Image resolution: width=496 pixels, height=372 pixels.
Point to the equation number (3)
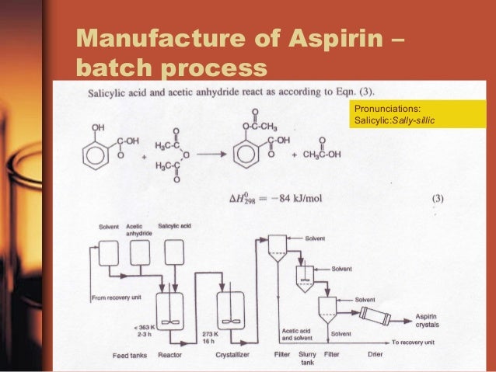[x=438, y=198]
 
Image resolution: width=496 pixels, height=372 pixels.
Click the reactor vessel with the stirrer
[x=169, y=313]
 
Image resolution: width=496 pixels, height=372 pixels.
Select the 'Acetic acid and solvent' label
[x=298, y=334]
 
